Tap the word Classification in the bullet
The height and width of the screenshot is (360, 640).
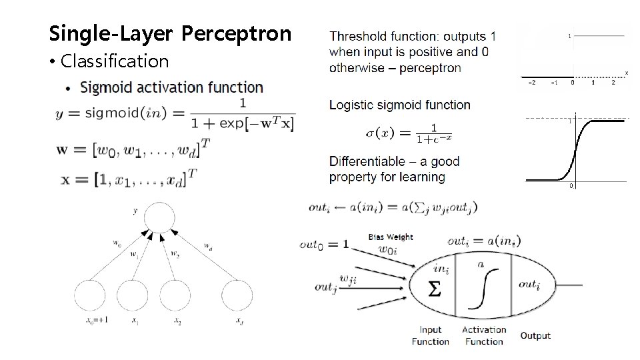[114, 61]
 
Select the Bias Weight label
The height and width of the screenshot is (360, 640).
[391, 237]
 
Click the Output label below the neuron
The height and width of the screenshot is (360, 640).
[535, 335]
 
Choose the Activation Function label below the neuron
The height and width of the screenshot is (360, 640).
[484, 335]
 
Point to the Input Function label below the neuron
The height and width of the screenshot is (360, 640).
[431, 335]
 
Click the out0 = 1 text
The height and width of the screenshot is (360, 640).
[324, 245]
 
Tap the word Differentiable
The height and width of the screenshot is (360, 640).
[367, 161]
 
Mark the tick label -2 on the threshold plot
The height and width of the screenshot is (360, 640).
[531, 82]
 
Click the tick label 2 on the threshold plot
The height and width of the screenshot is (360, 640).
[613, 82]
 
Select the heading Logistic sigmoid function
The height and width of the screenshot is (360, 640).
[400, 105]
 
